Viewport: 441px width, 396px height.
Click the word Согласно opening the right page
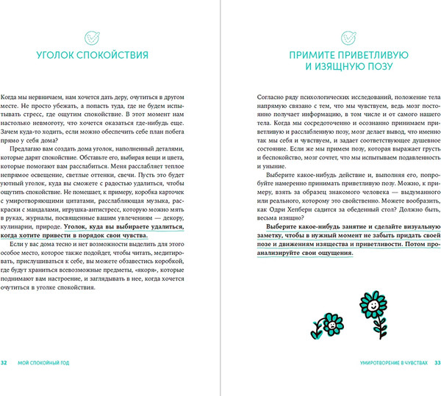click(x=273, y=98)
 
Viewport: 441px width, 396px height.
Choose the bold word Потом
click(x=400, y=245)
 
